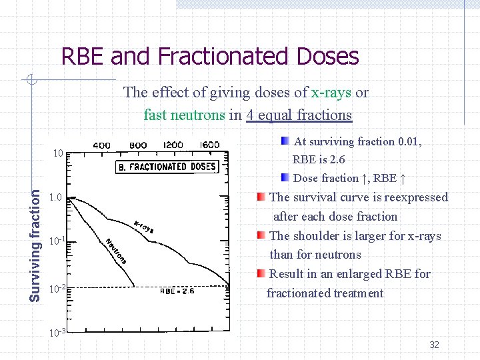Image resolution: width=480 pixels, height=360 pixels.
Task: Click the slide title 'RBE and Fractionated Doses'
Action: (x=210, y=57)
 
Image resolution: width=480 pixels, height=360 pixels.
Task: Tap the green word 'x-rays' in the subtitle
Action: (x=331, y=93)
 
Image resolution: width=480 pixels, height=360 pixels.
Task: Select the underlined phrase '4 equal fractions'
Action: (x=299, y=115)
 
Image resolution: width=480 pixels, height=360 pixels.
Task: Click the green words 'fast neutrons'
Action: (x=184, y=115)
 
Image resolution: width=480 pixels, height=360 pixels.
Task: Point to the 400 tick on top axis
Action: (x=101, y=145)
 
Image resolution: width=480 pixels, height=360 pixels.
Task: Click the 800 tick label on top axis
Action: (x=138, y=145)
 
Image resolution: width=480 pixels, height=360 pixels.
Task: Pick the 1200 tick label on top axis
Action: (x=173, y=145)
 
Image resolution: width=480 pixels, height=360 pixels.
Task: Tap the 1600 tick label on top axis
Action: (x=209, y=145)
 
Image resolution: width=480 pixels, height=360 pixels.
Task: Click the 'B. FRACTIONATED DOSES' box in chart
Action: (x=167, y=167)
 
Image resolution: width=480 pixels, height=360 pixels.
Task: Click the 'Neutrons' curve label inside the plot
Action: (x=115, y=250)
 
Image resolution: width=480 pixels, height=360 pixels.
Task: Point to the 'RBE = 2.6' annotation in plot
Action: (x=177, y=291)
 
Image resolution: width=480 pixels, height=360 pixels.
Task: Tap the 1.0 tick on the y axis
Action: (x=56, y=198)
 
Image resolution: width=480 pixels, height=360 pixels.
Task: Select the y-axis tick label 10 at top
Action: (x=58, y=153)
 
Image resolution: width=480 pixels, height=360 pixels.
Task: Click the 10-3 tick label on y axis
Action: (x=57, y=333)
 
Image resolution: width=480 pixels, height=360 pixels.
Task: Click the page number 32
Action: (x=434, y=345)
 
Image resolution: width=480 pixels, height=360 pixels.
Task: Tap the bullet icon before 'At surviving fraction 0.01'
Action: (x=285, y=141)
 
